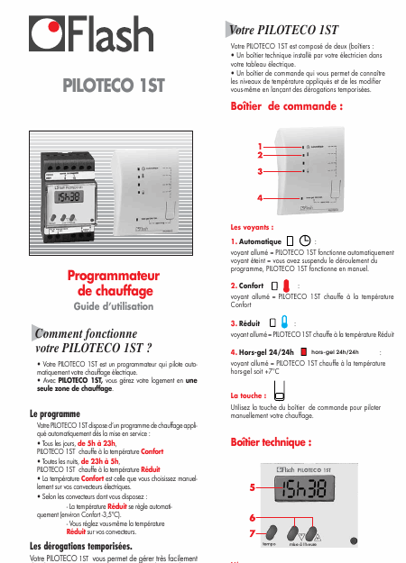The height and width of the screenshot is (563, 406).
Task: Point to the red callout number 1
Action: point(260,147)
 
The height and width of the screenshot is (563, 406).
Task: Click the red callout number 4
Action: point(260,196)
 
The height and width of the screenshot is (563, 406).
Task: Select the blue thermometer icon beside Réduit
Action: point(284,322)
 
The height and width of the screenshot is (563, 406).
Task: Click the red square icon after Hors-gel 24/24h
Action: point(304,352)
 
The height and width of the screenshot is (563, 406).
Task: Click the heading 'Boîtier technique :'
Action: point(272,443)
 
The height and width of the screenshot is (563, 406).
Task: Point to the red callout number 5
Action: point(254,486)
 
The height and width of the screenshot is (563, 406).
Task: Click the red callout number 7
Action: point(254,532)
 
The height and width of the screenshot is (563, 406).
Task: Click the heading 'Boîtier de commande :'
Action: point(287,105)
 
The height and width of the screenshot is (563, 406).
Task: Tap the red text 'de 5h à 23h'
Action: point(97,444)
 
